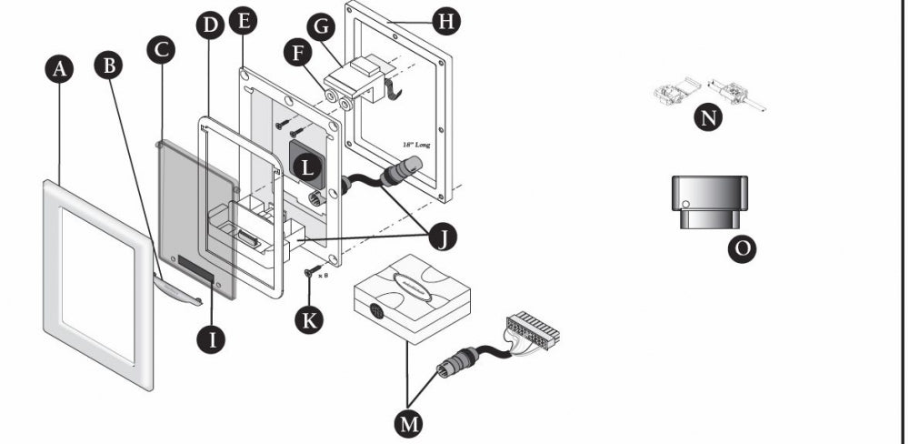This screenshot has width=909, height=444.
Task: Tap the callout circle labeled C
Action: click(161, 49)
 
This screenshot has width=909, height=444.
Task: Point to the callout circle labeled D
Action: click(210, 25)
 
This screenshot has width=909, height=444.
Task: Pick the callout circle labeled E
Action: click(242, 20)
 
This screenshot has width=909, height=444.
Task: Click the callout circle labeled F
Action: click(295, 54)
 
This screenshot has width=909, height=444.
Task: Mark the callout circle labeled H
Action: click(445, 20)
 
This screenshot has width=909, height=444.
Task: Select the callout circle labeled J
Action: click(443, 237)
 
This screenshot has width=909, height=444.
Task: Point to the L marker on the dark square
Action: click(309, 166)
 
